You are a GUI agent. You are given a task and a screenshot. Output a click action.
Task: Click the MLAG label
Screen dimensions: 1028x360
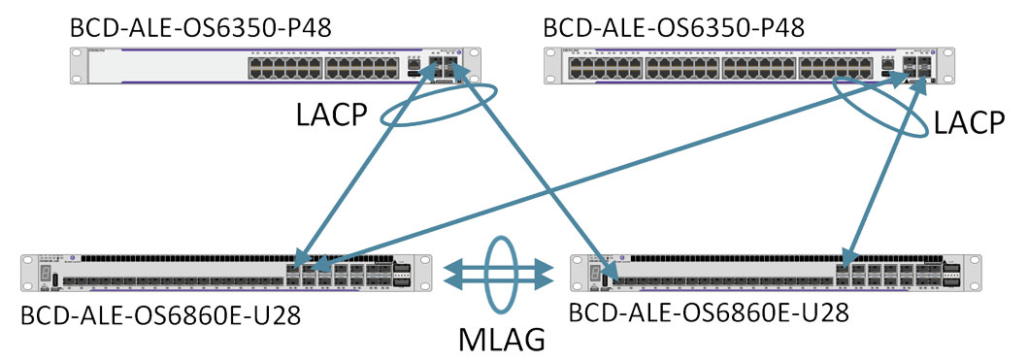pos(501,339)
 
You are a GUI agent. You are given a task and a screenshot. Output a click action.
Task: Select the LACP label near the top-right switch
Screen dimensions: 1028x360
pos(969,122)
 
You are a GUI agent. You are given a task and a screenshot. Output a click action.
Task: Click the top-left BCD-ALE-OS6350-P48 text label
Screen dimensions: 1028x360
pos(201,28)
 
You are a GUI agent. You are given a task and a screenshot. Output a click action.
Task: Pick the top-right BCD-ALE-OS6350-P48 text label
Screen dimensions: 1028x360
pos(674,28)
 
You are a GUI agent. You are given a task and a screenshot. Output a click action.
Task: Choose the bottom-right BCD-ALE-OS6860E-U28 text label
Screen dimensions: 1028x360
pos(709,312)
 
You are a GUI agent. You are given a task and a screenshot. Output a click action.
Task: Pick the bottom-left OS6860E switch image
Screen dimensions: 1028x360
pos(227,272)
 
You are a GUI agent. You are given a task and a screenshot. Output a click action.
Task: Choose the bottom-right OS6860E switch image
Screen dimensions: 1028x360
pos(777,272)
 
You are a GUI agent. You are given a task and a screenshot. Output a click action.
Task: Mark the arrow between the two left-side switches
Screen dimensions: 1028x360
pos(365,163)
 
